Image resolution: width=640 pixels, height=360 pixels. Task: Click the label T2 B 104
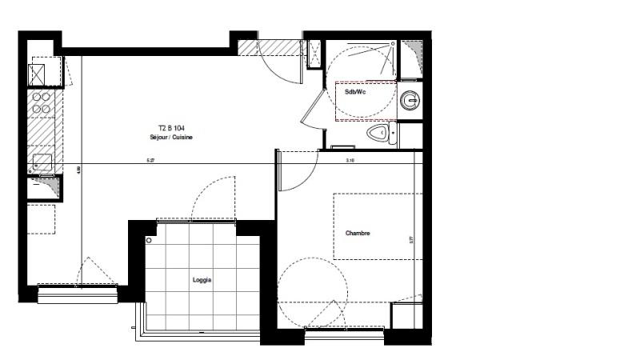click(171, 128)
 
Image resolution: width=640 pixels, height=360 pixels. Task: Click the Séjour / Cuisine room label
click(171, 138)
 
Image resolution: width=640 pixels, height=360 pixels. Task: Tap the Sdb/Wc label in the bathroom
click(354, 93)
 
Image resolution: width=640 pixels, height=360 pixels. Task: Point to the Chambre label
click(358, 234)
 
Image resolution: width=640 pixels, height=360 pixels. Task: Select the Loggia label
click(202, 280)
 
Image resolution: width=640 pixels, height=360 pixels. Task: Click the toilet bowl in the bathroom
click(380, 133)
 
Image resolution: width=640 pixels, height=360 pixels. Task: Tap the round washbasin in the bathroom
click(410, 101)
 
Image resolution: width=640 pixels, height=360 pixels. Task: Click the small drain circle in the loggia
click(149, 240)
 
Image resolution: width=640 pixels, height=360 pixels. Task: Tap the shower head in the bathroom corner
click(392, 43)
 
